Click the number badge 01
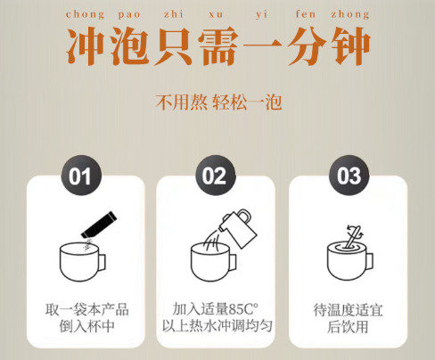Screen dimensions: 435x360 (81, 176)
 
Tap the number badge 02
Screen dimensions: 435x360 (215, 176)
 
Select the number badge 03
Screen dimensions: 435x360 (349, 176)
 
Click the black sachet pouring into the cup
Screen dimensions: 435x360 (99, 225)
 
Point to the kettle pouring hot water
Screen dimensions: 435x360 (239, 228)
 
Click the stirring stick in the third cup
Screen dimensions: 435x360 (353, 237)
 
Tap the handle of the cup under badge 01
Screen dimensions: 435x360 (102, 262)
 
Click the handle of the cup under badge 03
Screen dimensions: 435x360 (369, 261)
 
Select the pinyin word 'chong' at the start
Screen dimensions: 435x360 (85, 14)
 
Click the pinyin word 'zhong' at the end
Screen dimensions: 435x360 (350, 14)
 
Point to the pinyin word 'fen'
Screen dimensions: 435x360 (306, 14)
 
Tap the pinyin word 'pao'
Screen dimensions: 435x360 (129, 15)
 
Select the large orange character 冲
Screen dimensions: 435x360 (86, 45)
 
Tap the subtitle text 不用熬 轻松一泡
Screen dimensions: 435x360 (218, 102)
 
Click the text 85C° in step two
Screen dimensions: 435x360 (243, 309)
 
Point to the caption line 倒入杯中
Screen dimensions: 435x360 (86, 326)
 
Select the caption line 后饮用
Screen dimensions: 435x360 (348, 327)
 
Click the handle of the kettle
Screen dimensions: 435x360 (245, 215)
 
